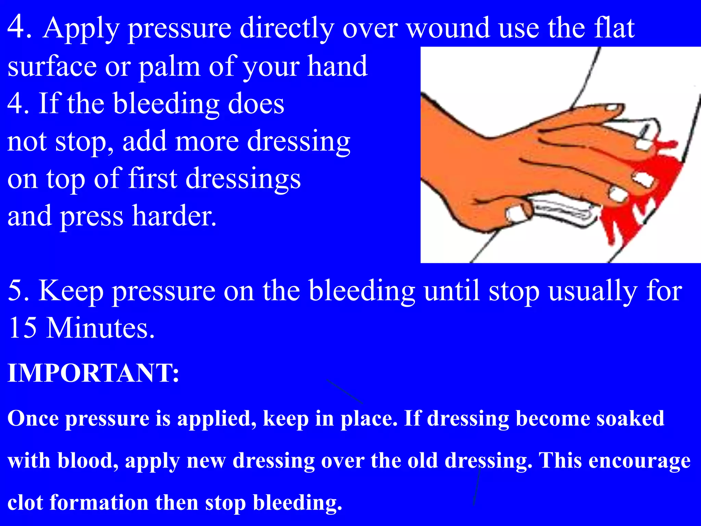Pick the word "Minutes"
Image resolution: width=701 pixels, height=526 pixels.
pos(100,328)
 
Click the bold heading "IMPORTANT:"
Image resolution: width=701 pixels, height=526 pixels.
pos(93,373)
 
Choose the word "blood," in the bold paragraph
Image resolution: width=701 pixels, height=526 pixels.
pos(88,461)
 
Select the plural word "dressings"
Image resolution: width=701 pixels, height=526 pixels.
pos(243,179)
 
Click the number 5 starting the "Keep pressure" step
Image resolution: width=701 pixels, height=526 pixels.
pos(15,290)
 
